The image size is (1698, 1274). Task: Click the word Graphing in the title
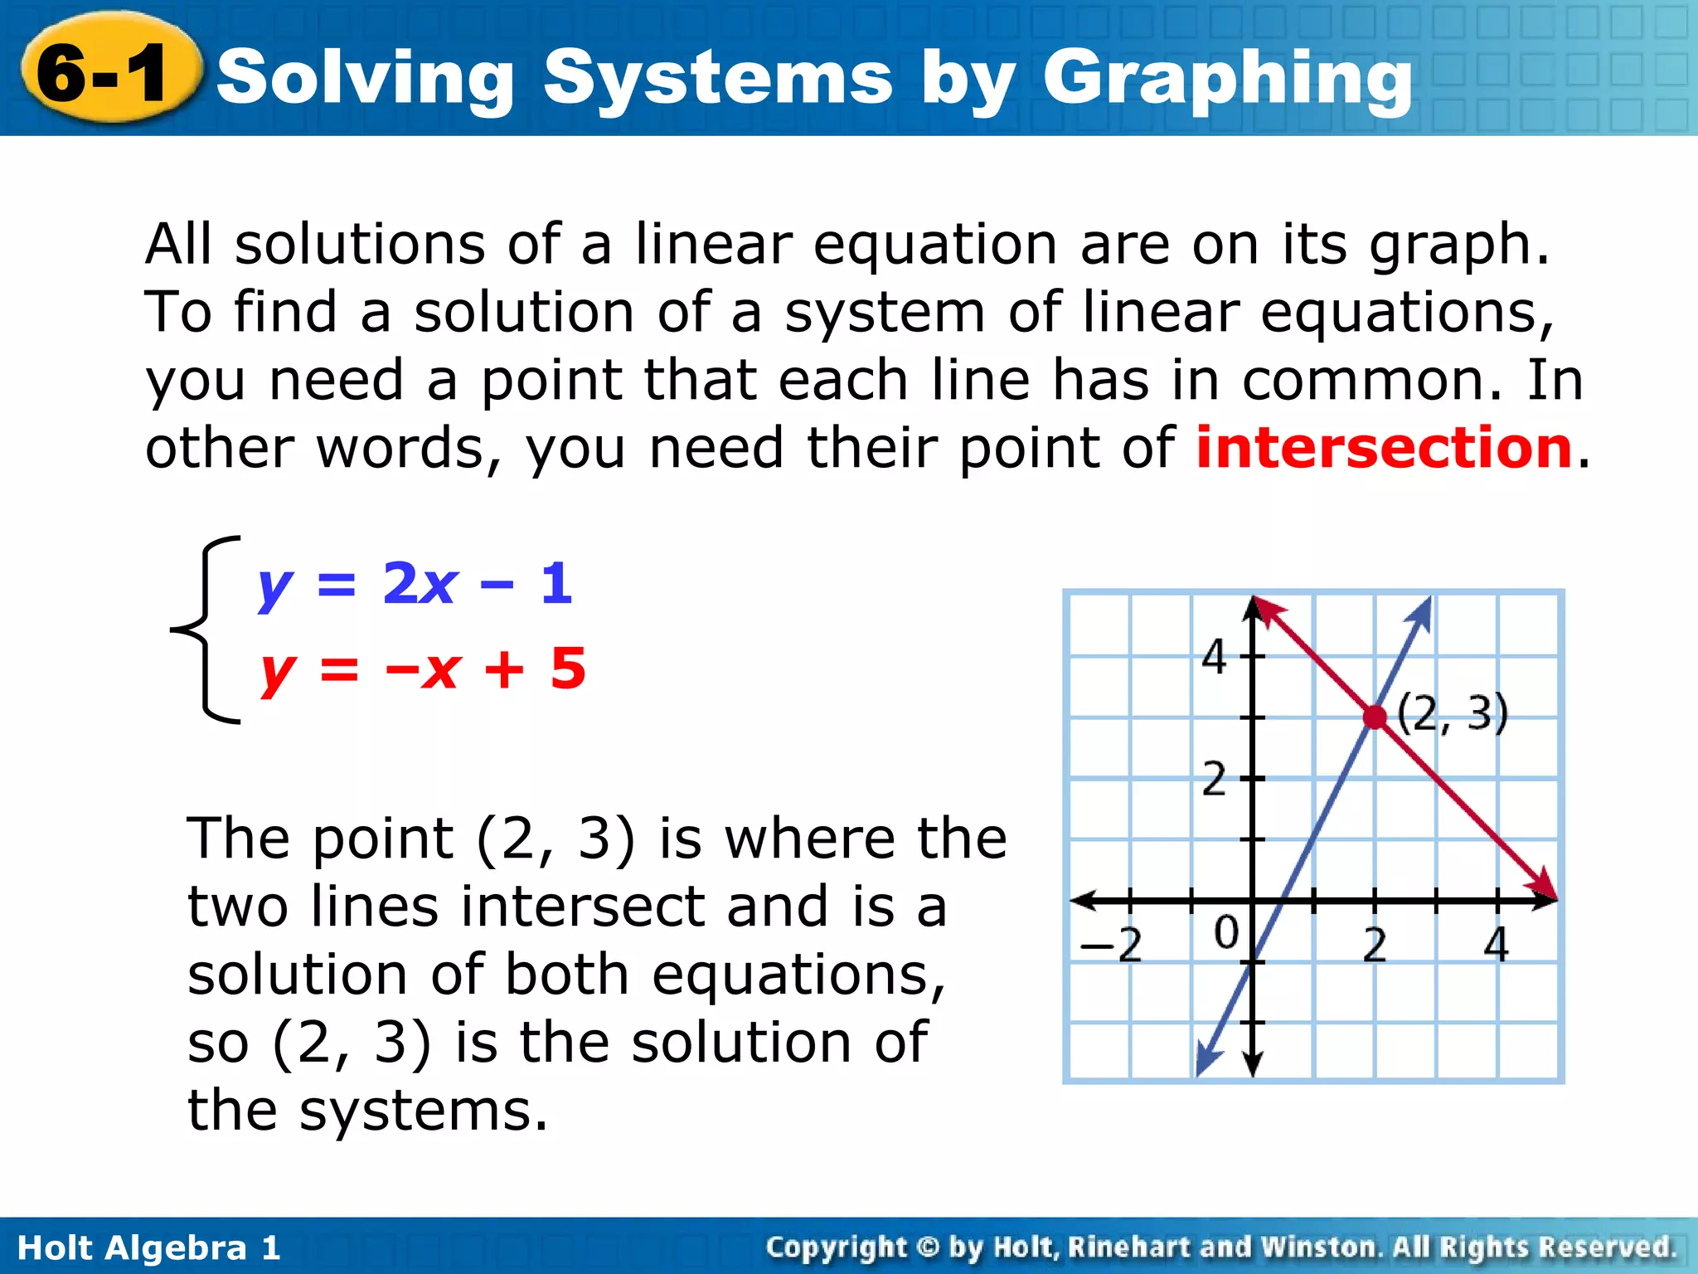pyautogui.click(x=1227, y=79)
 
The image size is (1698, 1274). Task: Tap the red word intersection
pyautogui.click(x=1384, y=447)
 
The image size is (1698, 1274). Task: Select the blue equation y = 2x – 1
pyautogui.click(x=415, y=584)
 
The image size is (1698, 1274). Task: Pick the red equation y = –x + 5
pyautogui.click(x=423, y=669)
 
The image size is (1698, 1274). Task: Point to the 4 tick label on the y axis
pyautogui.click(x=1215, y=657)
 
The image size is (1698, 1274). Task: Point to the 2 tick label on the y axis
pyautogui.click(x=1215, y=779)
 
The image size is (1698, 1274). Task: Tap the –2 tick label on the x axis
pyautogui.click(x=1111, y=944)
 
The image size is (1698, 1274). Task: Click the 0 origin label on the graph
pyautogui.click(x=1226, y=932)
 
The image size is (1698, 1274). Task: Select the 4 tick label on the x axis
pyautogui.click(x=1497, y=944)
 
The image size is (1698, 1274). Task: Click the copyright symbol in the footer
pyautogui.click(x=929, y=1247)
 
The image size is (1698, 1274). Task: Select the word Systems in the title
pyautogui.click(x=718, y=79)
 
